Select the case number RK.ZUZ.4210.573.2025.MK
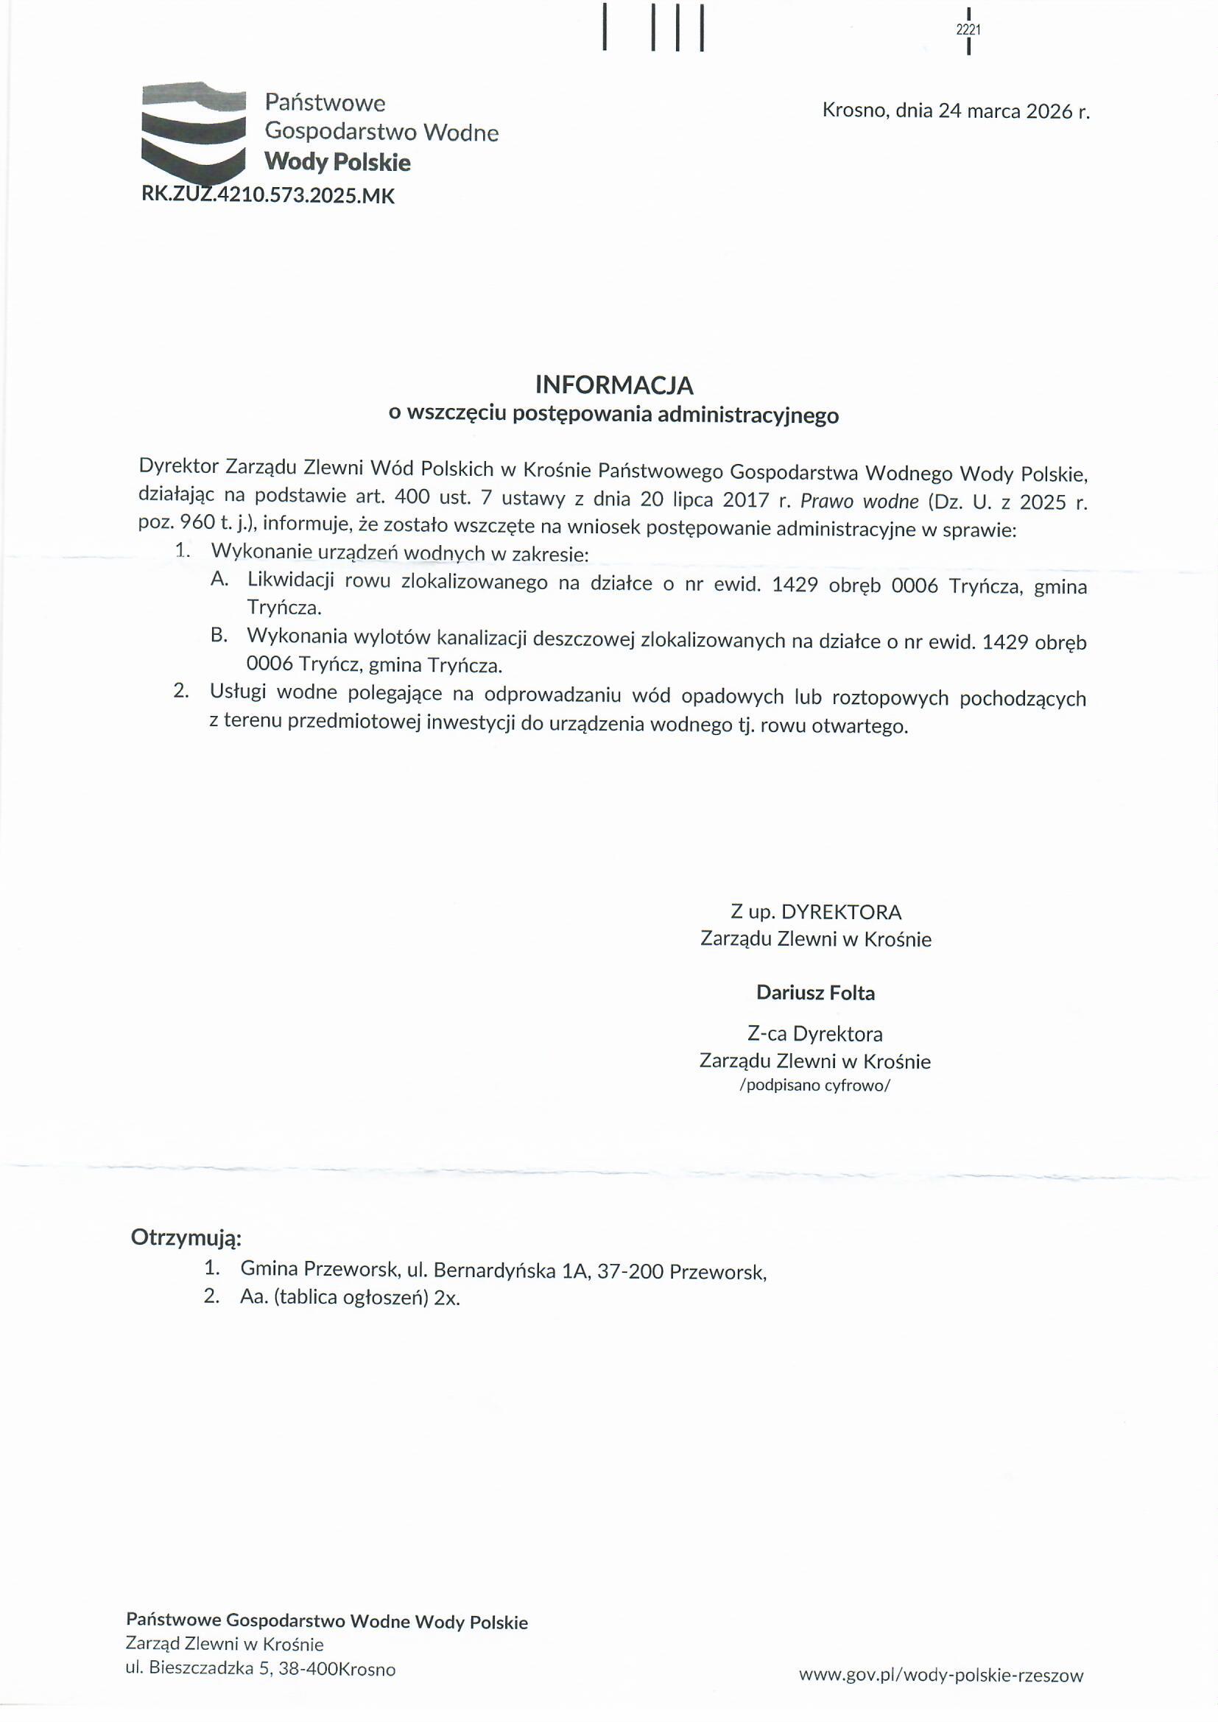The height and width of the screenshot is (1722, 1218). point(268,196)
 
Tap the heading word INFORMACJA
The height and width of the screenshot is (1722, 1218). point(613,384)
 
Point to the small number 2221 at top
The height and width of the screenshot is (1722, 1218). point(969,30)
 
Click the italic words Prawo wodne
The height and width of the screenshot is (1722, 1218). point(859,501)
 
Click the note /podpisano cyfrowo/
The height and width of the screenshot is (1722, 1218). point(814,1085)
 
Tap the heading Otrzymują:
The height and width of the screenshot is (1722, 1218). point(186,1237)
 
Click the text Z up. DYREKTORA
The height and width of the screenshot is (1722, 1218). point(816,912)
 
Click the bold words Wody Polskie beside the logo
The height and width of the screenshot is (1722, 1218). point(337,162)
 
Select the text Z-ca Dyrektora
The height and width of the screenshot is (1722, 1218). point(815,1033)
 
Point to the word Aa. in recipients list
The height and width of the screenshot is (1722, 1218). point(253,1298)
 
